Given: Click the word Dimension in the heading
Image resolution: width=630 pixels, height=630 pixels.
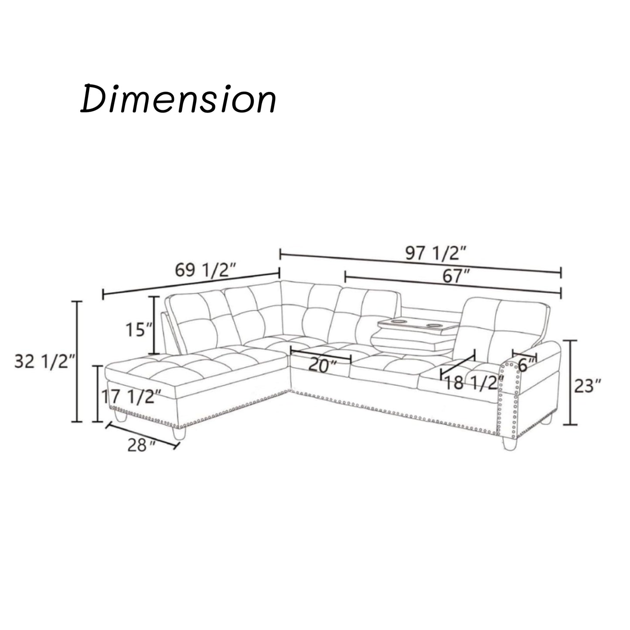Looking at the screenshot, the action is coord(178,99).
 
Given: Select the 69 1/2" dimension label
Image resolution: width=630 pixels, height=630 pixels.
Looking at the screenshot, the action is coord(205,270).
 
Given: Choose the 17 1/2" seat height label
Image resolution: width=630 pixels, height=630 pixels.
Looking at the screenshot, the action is coord(131,397).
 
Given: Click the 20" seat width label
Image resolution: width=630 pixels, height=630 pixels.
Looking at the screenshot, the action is coord(323,365).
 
